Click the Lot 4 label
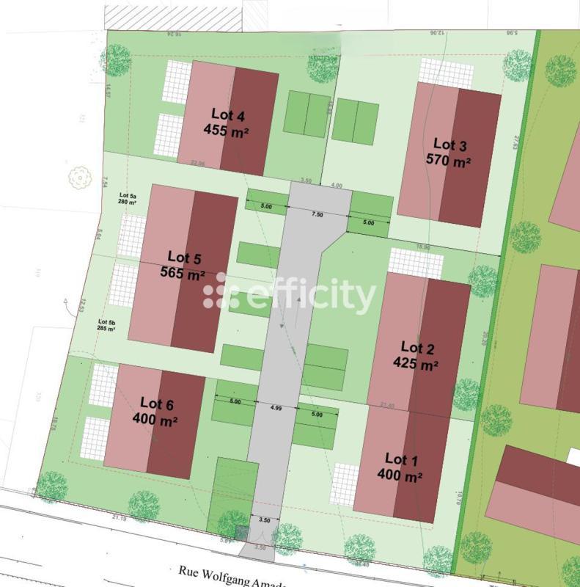pyautogui.click(x=227, y=115)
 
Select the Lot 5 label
pyautogui.click(x=184, y=258)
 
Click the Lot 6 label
pyautogui.click(x=156, y=403)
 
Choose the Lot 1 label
pyautogui.click(x=400, y=460)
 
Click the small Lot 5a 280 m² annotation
pyautogui.click(x=128, y=200)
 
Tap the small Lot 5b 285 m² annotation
pyautogui.click(x=107, y=324)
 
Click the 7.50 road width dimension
pyautogui.click(x=317, y=214)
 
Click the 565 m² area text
pyautogui.click(x=183, y=274)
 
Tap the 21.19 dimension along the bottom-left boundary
pyautogui.click(x=120, y=519)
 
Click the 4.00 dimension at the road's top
pyautogui.click(x=337, y=186)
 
